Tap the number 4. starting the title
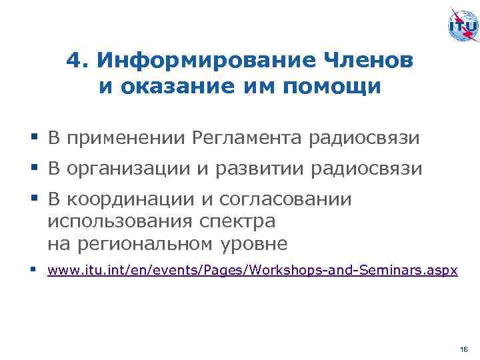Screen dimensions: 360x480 tap(78, 61)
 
